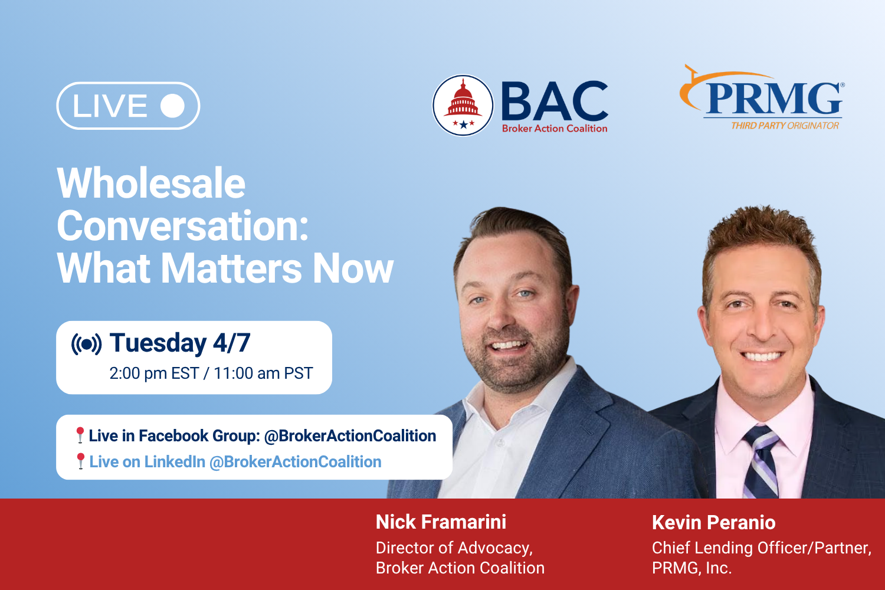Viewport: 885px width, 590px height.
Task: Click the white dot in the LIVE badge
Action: (x=172, y=106)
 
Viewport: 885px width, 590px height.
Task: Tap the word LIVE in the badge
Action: (x=110, y=106)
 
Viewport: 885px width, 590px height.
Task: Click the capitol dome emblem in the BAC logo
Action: (x=463, y=105)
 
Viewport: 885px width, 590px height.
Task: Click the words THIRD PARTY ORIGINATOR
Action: (x=785, y=126)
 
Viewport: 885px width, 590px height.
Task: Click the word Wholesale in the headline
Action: (x=151, y=183)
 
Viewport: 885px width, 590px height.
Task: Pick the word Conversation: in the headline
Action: (x=183, y=226)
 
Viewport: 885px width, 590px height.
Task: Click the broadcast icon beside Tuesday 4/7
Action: (x=86, y=344)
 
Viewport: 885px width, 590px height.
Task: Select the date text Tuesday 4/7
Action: (x=180, y=343)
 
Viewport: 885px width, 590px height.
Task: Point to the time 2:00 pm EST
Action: (x=154, y=373)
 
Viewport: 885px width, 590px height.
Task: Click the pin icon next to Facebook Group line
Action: (x=80, y=435)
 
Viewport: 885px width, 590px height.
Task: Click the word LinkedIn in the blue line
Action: (x=175, y=462)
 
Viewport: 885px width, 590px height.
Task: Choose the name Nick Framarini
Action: (x=441, y=522)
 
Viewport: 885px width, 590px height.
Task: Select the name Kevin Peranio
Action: (x=713, y=523)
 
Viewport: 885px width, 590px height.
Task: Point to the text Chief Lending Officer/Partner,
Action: (x=761, y=548)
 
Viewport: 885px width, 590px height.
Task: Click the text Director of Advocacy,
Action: (x=454, y=548)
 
